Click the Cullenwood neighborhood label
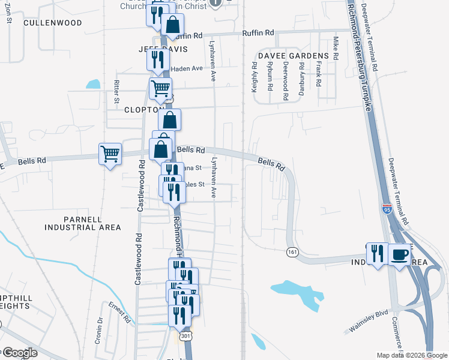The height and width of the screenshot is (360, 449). pos(52,23)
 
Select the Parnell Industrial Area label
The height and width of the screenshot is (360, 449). pos(82,223)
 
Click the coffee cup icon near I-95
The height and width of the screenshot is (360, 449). pos(400,256)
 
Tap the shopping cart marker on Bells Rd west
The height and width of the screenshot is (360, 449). pos(110,154)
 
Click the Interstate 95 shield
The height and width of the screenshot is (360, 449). pos(387,209)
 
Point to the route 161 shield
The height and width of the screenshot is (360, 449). pos(292,251)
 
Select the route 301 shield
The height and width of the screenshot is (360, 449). pos(187,335)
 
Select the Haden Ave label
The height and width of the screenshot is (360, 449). pos(187,68)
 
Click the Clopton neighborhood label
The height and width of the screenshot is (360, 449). pos(140,110)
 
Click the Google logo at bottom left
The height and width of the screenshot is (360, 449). pos(20,352)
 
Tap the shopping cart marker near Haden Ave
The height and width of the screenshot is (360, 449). pos(160,89)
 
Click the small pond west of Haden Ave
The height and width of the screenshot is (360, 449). pos(93,84)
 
